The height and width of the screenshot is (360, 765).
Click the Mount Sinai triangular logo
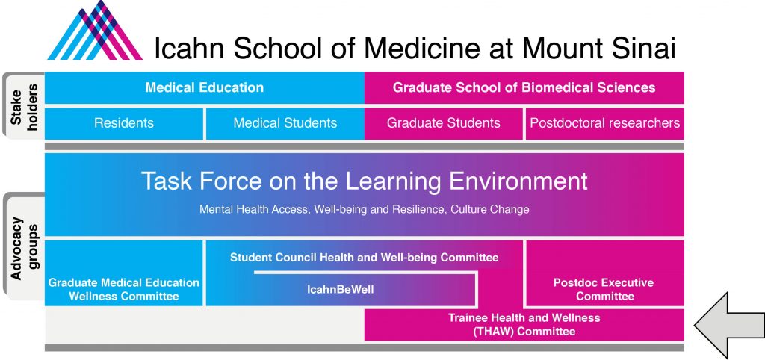(95, 30)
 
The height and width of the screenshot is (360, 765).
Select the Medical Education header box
(205, 88)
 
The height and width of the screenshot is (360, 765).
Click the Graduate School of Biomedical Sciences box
(524, 88)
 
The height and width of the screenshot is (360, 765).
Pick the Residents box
(124, 123)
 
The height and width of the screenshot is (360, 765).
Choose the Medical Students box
(285, 123)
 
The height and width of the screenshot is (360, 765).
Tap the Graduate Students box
(444, 123)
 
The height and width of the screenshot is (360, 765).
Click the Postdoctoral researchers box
(605, 123)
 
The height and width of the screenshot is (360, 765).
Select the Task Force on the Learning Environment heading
(365, 181)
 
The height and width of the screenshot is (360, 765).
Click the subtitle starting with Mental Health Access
(365, 209)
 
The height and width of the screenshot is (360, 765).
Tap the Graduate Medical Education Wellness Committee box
(124, 289)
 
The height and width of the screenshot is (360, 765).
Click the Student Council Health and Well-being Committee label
(365, 257)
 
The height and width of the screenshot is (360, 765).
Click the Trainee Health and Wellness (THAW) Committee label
(524, 325)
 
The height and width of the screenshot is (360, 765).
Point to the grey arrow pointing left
(729, 325)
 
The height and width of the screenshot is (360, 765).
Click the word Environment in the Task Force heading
(518, 181)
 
